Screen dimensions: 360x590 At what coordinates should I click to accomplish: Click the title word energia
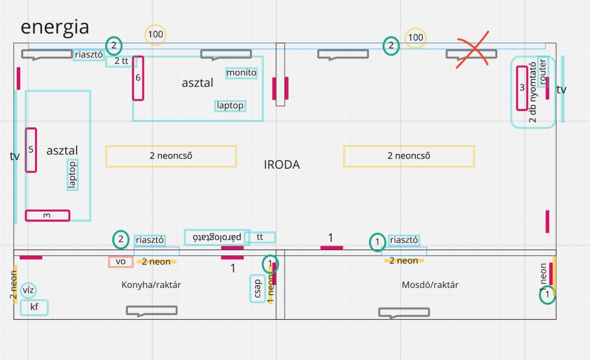coord(55,27)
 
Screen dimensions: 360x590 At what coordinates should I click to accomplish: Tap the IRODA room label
coord(282,165)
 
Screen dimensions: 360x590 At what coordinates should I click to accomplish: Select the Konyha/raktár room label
coord(147,285)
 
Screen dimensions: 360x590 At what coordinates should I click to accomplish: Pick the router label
coord(542,71)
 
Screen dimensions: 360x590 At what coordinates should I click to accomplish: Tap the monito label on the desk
coord(241,73)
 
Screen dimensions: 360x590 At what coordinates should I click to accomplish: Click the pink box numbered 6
coord(138,78)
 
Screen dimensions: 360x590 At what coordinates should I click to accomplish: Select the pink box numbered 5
coord(31,150)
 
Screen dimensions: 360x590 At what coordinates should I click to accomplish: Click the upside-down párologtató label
coord(217,237)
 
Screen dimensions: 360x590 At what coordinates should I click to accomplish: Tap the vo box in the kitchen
coord(120,262)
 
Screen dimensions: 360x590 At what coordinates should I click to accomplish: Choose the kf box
coord(34,308)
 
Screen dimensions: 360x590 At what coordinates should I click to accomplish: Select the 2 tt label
coord(121,60)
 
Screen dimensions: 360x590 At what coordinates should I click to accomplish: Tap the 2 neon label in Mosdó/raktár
coord(404,261)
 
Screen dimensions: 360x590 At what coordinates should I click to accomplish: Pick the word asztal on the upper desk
coord(197,83)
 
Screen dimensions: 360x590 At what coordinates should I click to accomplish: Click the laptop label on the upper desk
coord(230,106)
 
